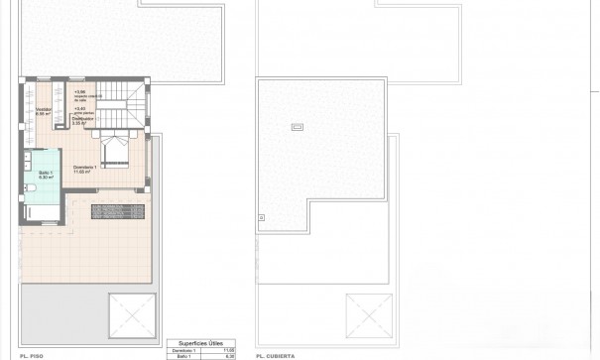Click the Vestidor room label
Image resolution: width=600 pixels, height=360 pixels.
pos(43,109)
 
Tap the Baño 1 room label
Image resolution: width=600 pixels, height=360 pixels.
pos(46,174)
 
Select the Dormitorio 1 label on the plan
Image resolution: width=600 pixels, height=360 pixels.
pos(84,168)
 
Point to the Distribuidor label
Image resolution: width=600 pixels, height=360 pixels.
pos(83,118)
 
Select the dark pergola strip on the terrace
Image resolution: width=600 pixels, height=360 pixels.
pos(119,211)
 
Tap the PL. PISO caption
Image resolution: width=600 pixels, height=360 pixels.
pos(31,354)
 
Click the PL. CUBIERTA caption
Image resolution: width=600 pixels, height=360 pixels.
pos(274,354)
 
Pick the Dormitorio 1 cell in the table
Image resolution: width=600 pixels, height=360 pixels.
pos(180,348)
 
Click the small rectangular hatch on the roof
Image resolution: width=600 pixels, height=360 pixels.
pos(297,126)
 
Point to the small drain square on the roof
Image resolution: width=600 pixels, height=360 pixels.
pos(262,216)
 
